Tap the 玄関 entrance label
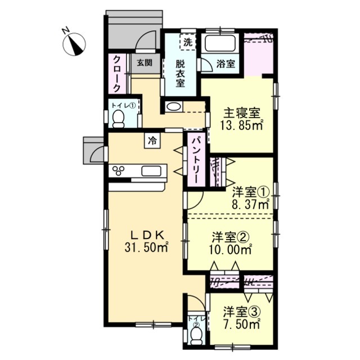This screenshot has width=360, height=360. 141,63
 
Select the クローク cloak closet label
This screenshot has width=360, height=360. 117,74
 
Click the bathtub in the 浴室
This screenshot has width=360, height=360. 220,44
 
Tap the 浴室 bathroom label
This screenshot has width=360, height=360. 226,64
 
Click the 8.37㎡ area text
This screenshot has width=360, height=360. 250,204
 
